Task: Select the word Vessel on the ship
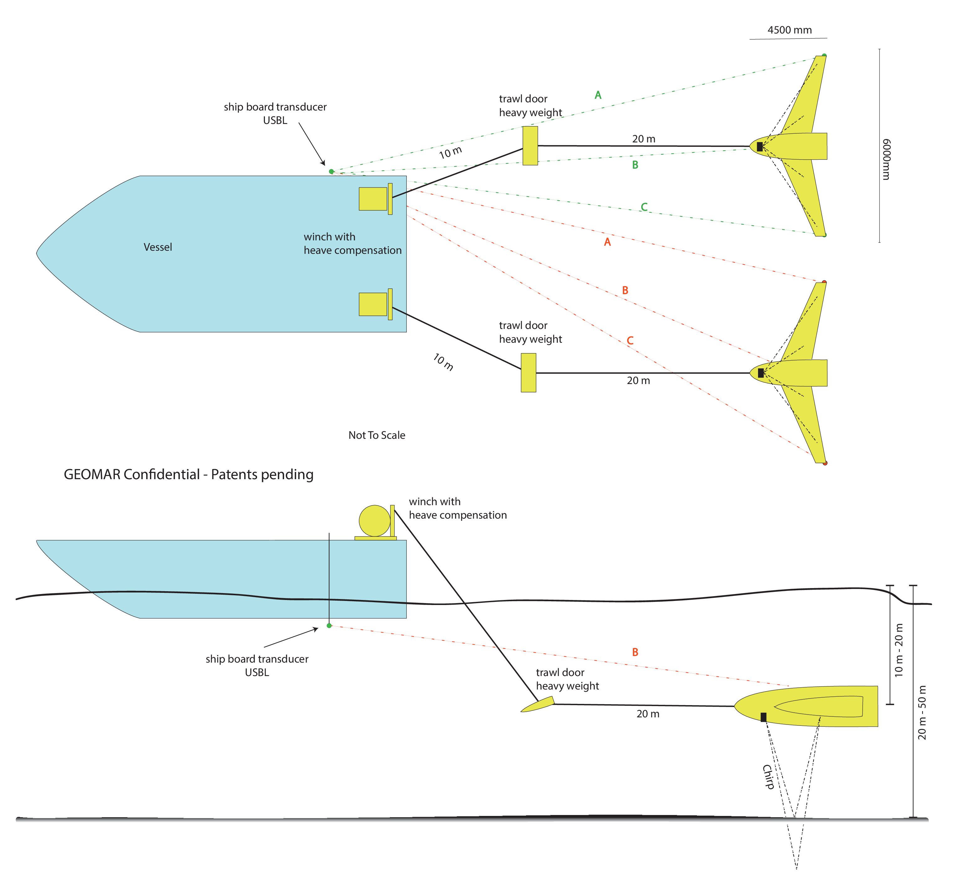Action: point(158,247)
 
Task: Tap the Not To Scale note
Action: point(377,435)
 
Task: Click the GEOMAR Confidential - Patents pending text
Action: point(188,474)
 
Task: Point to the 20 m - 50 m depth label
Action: point(922,712)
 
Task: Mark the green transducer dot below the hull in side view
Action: point(329,626)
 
